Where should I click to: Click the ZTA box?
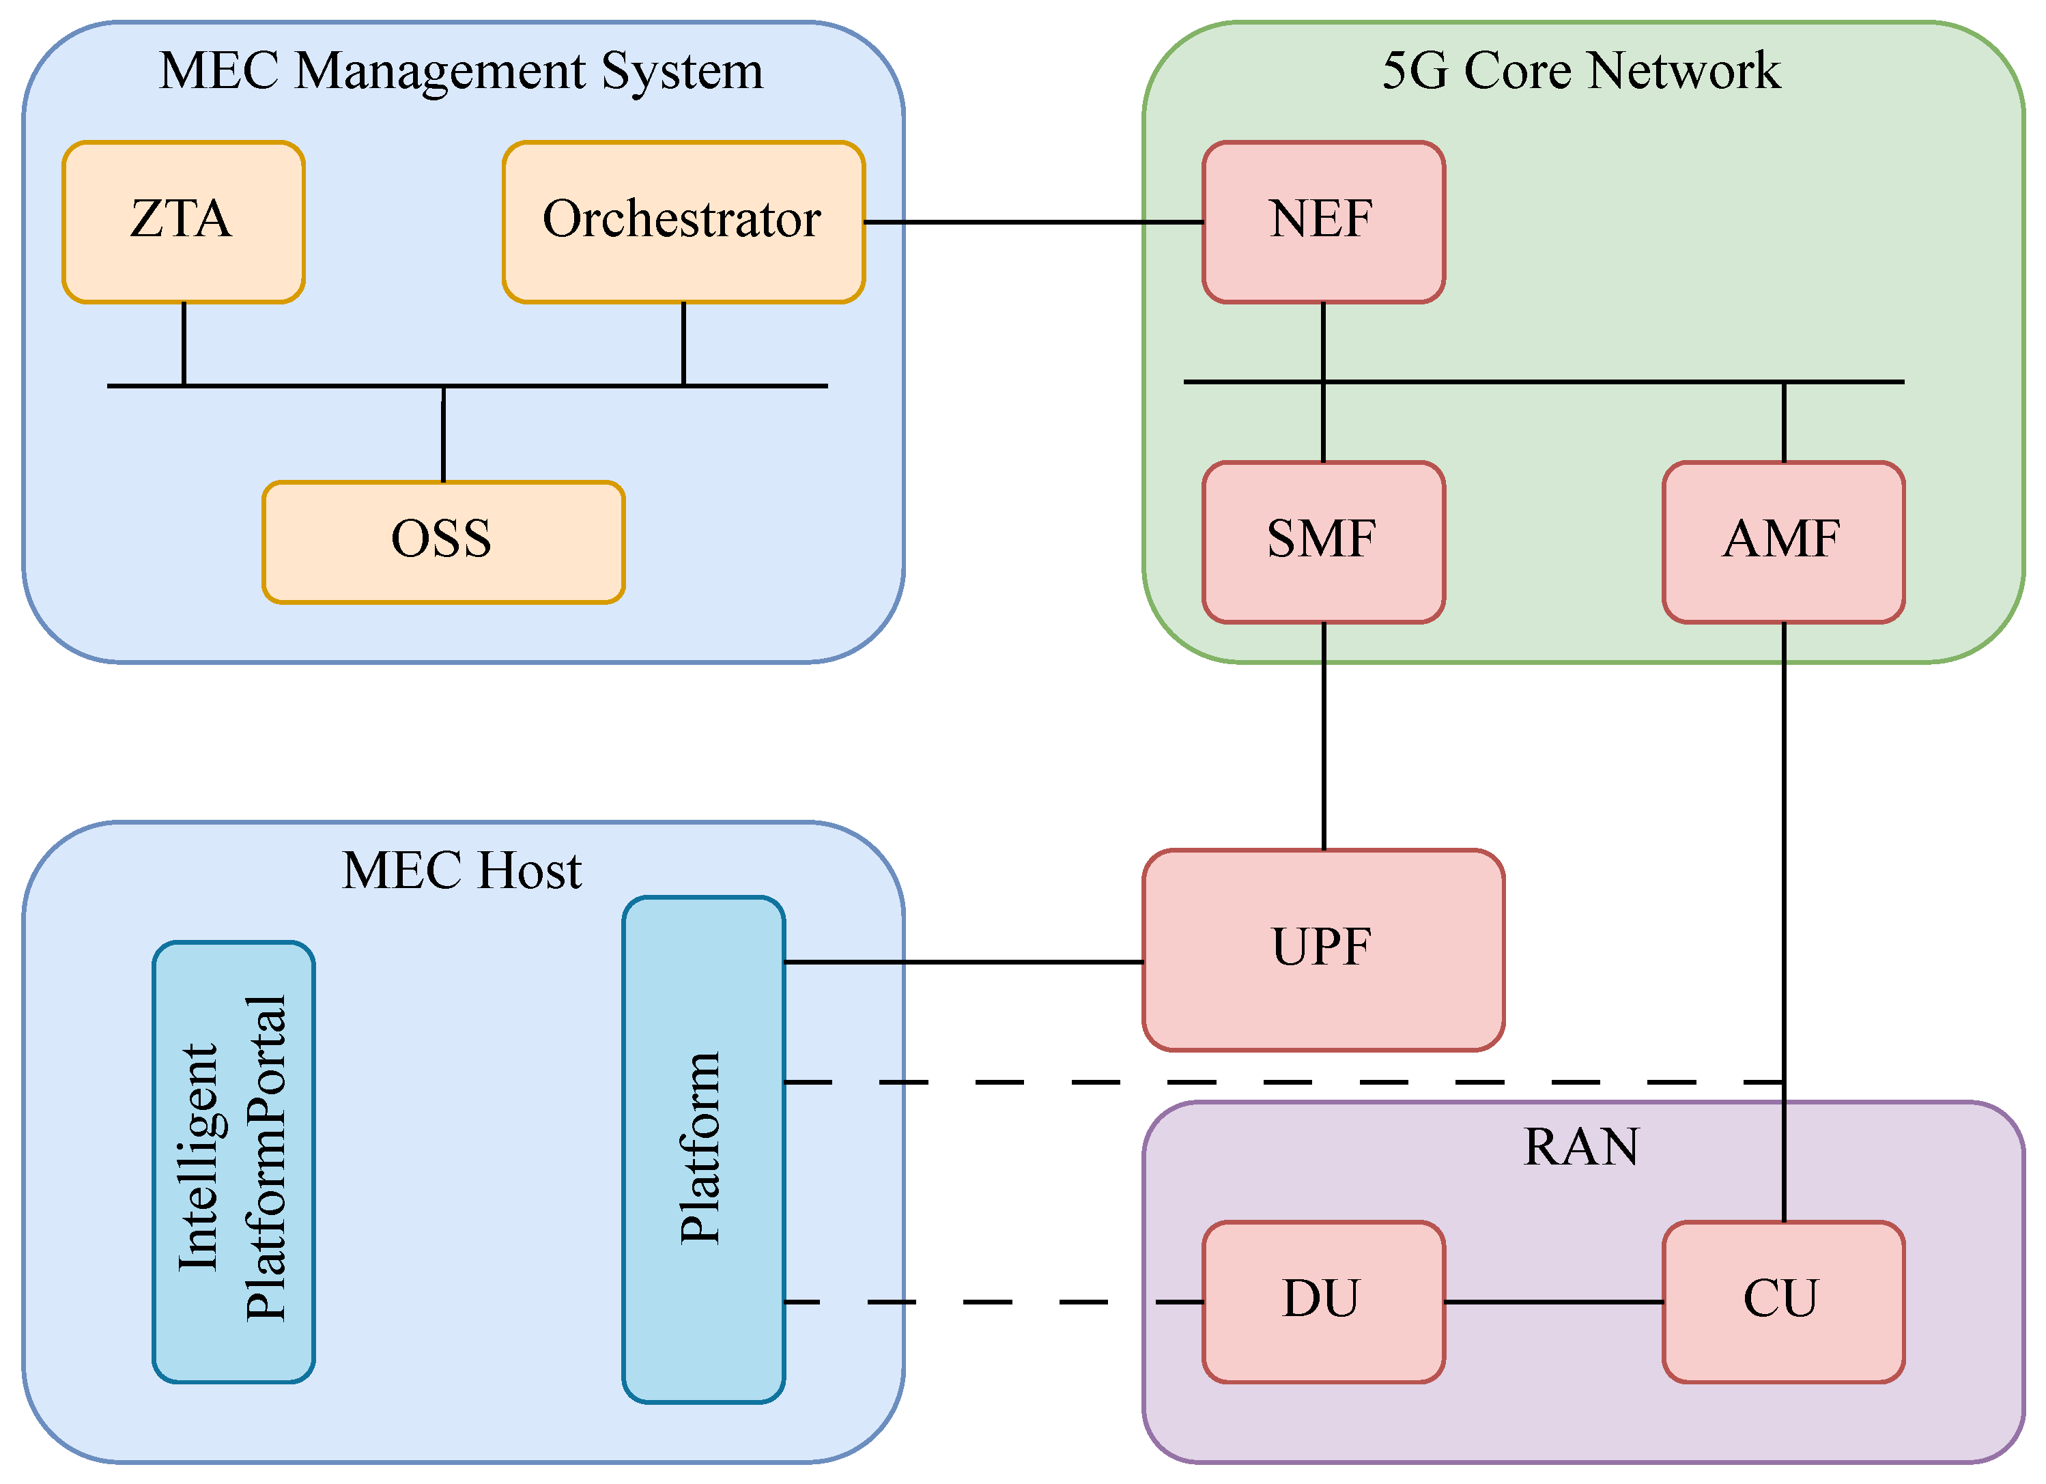point(183,222)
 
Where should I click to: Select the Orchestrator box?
point(683,222)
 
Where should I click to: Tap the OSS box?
point(443,541)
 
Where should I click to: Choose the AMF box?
point(1782,541)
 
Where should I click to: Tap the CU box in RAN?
point(1782,1302)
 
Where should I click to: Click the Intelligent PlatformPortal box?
point(233,1161)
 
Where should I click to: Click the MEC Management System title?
point(461,70)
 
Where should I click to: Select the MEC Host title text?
point(461,870)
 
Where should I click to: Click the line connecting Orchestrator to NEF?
point(1033,222)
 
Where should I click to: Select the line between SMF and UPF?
point(1324,735)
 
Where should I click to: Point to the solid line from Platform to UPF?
point(963,962)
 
